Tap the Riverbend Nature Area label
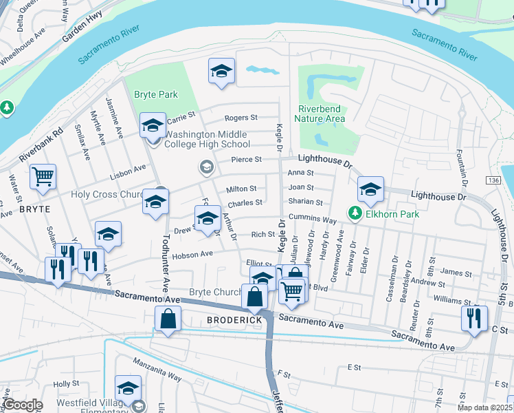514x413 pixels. point(321,114)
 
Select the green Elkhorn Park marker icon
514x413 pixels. point(355,214)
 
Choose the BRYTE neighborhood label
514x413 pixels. point(35,209)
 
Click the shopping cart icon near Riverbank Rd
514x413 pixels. point(43,177)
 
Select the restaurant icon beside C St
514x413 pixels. point(474,318)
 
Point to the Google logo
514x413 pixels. point(22,405)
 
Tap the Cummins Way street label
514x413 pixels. point(312,220)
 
